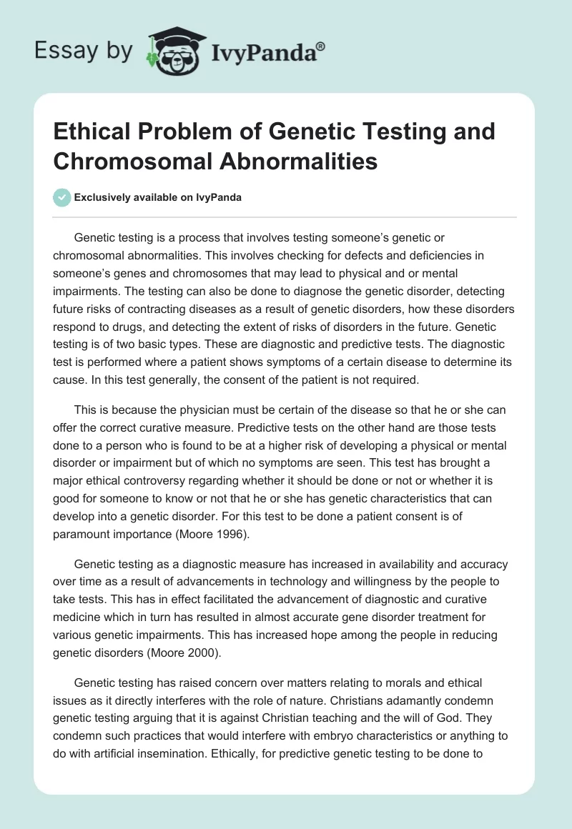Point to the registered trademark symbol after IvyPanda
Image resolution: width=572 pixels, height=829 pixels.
click(320, 46)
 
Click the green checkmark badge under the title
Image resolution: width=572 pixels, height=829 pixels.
click(62, 197)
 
